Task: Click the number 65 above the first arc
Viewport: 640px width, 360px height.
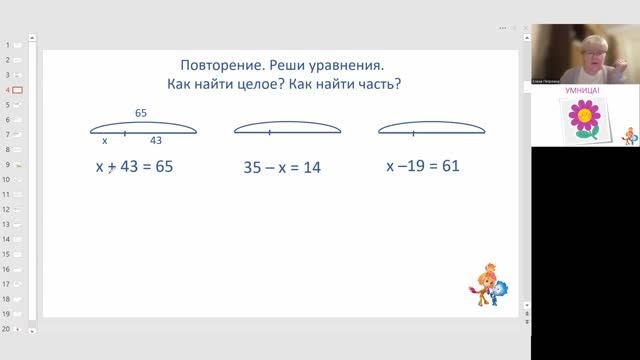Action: [x=142, y=113]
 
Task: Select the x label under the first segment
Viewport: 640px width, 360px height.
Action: [x=105, y=141]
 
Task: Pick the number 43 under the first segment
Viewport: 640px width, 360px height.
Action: [x=156, y=141]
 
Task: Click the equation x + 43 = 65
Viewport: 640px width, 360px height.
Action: [x=134, y=167]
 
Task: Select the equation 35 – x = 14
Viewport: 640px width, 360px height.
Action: [x=282, y=168]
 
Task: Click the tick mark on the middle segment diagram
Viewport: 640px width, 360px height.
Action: [x=270, y=132]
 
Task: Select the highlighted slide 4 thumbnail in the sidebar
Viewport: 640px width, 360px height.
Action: [x=17, y=90]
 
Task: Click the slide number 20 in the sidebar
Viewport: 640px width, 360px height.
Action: [x=6, y=328]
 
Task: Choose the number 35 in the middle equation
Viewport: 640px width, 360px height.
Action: [x=254, y=168]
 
